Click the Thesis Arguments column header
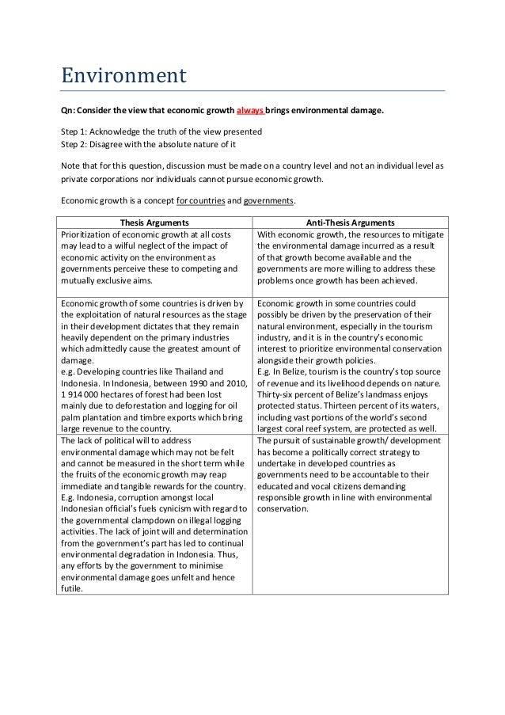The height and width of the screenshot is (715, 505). click(x=154, y=222)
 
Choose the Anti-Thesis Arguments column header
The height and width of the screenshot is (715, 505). click(x=349, y=222)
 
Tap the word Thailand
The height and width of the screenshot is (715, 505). click(x=179, y=371)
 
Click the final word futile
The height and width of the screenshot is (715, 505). click(x=72, y=588)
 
